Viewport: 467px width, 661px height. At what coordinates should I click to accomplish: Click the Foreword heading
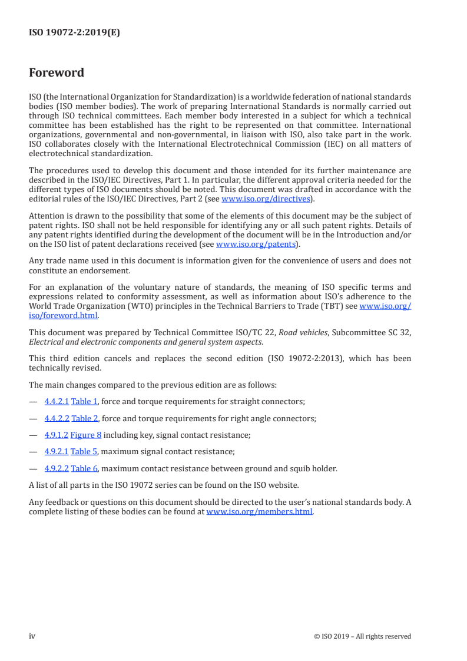click(x=57, y=73)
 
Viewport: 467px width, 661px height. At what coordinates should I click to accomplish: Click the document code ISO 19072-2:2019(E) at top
click(x=74, y=33)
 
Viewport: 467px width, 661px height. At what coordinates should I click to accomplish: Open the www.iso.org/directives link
click(x=265, y=199)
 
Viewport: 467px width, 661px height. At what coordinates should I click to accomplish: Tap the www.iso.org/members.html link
click(x=259, y=512)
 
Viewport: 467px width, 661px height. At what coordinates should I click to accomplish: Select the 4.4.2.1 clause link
click(x=57, y=402)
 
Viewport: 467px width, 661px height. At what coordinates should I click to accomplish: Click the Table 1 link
click(x=84, y=402)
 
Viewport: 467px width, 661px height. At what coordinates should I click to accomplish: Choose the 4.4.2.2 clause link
click(x=57, y=418)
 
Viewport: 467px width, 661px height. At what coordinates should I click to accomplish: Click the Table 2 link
click(x=84, y=418)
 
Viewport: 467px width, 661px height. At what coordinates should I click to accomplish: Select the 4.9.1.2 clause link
click(x=57, y=435)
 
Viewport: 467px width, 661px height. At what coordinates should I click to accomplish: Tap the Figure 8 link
click(x=86, y=435)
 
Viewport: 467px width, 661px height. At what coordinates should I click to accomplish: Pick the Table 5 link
click(x=84, y=452)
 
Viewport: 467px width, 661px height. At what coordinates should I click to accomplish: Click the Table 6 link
click(x=84, y=469)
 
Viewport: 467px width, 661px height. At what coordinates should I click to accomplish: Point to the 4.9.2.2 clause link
click(x=57, y=469)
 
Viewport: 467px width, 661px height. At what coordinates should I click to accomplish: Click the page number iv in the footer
click(x=32, y=636)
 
